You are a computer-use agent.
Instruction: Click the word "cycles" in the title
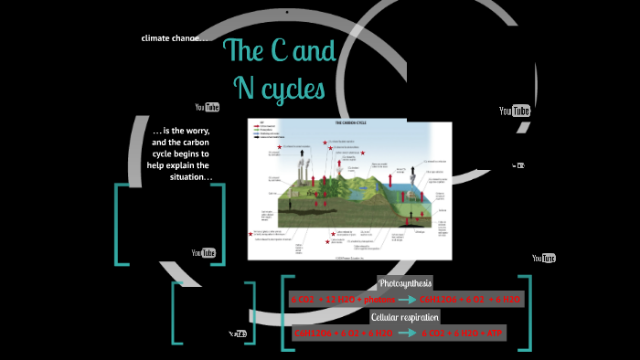293,89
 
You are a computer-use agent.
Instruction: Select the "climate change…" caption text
176,37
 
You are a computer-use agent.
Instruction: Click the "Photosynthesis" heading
405,282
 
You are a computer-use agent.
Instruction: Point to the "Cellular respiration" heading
405,316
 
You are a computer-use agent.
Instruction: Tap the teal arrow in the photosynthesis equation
401,299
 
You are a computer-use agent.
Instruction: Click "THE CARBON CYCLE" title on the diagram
350,122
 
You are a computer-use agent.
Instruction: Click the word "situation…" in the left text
191,176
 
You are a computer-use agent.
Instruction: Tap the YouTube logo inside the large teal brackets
203,252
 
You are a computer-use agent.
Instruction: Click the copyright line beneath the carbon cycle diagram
350,257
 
